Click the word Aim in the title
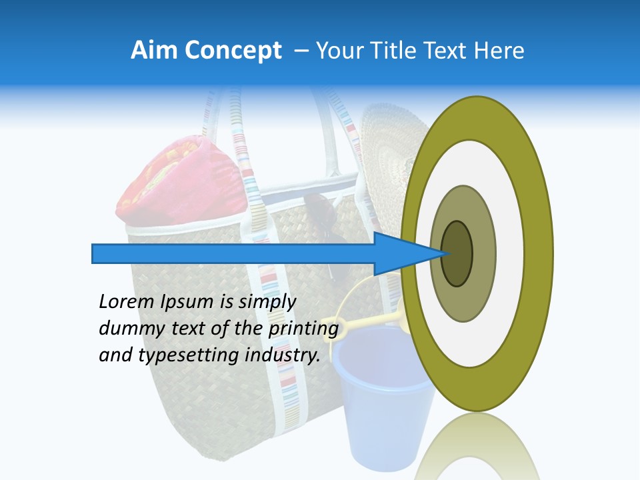pyautogui.click(x=152, y=51)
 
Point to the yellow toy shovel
pyautogui.click(x=363, y=323)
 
